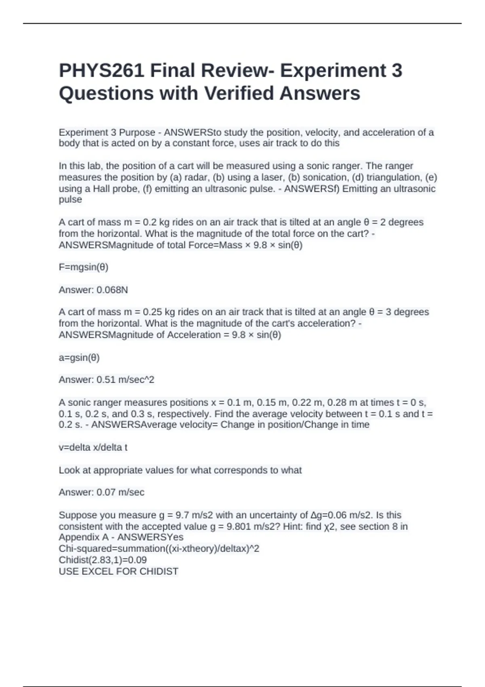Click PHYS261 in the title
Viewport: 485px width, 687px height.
101,71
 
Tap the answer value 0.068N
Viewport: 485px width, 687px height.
112,290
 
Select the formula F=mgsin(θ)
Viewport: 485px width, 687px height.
83,267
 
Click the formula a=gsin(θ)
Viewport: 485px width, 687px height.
79,358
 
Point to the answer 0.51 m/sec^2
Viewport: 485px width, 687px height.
125,380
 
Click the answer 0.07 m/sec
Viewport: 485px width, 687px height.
120,492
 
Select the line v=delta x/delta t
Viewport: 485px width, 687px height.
93,447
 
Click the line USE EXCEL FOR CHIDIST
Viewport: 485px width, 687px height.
118,571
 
